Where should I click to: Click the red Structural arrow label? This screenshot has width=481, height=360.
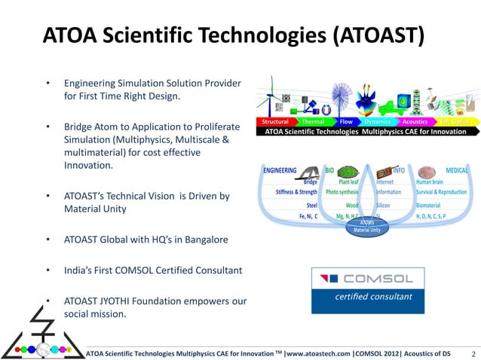(276, 121)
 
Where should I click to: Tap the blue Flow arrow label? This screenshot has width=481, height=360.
(346, 121)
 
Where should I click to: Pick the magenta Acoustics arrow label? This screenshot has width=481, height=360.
(415, 121)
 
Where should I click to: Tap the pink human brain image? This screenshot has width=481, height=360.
(427, 170)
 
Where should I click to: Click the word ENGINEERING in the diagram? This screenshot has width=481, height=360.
(280, 170)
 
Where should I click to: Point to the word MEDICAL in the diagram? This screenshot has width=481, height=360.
(457, 170)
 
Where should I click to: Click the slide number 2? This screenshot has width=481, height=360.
(472, 352)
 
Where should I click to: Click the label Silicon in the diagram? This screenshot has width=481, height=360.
(383, 204)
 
